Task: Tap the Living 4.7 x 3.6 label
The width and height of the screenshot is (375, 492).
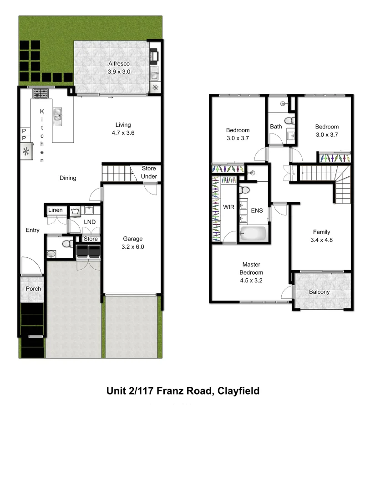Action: click(123, 129)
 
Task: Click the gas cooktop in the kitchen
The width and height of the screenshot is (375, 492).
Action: click(40, 94)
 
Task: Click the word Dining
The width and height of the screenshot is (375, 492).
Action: click(68, 178)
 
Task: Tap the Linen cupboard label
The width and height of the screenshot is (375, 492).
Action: click(56, 210)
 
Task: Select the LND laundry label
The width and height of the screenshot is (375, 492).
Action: click(90, 222)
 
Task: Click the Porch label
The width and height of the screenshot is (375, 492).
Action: click(33, 289)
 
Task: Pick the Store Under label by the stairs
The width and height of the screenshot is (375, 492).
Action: click(149, 173)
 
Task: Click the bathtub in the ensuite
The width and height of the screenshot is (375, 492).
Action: click(253, 233)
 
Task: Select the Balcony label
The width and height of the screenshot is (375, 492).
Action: click(319, 292)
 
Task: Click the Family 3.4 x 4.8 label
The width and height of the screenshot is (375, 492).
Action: click(321, 236)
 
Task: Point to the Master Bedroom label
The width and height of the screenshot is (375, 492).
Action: click(251, 272)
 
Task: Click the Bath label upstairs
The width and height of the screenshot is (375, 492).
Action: click(276, 127)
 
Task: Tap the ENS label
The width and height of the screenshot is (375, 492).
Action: click(257, 211)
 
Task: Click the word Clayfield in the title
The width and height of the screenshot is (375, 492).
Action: click(238, 391)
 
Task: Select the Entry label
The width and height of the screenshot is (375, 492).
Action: click(32, 230)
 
